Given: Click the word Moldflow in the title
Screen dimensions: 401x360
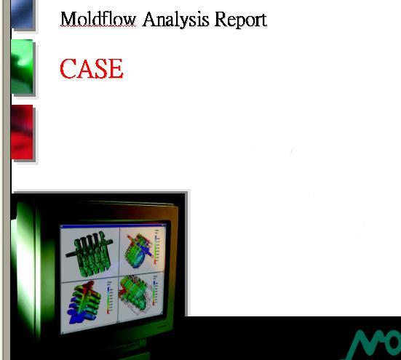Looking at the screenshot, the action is pos(98,19).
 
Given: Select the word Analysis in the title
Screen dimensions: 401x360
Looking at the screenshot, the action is pos(175,20).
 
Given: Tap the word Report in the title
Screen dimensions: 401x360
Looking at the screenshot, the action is pos(241,20).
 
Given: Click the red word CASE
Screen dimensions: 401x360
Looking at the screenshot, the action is pos(91,68).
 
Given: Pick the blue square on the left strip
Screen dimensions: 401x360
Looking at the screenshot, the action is pos(22,14).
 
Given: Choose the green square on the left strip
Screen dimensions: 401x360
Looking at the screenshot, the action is pos(22,66).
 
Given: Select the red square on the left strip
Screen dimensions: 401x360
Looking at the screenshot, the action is pos(22,132).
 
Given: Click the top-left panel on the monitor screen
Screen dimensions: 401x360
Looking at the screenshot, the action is pos(90,254).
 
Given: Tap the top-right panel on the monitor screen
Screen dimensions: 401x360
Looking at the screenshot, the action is pos(142,249).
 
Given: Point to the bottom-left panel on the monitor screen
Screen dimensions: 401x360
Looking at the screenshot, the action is pos(90,306).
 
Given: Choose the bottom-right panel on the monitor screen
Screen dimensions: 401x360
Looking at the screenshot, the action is pos(141,296).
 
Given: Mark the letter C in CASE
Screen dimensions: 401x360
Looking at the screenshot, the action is pos(68,68).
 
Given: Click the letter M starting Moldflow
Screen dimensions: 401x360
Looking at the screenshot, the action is pos(68,19).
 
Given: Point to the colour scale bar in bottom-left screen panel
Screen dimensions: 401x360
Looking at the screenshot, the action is pos(109,297).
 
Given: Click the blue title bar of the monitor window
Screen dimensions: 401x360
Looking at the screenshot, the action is pos(113,225).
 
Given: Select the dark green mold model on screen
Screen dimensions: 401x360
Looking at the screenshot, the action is pos(90,253).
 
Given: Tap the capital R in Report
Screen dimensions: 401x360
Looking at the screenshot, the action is pos(220,19).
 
